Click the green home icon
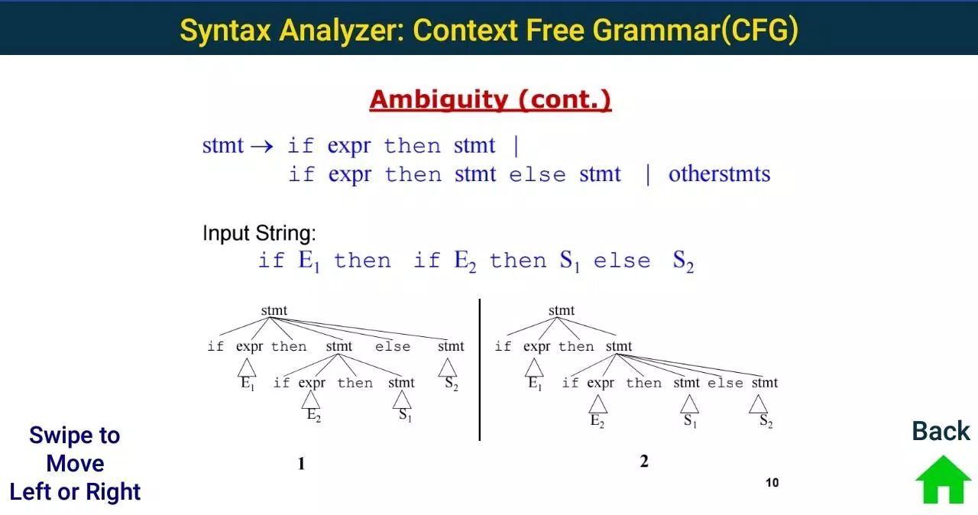pyautogui.click(x=943, y=480)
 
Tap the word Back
pyautogui.click(x=941, y=431)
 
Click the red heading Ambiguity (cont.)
pyautogui.click(x=491, y=99)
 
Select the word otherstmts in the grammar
pyautogui.click(x=720, y=173)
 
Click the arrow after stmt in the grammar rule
pyautogui.click(x=262, y=146)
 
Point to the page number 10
pyautogui.click(x=772, y=482)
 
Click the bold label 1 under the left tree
pyautogui.click(x=301, y=464)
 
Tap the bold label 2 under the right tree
pyautogui.click(x=644, y=462)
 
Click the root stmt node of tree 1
pyautogui.click(x=274, y=310)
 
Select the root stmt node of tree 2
pyautogui.click(x=562, y=310)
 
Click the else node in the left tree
pyautogui.click(x=393, y=347)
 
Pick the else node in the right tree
pyautogui.click(x=725, y=384)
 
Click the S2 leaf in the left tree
pyautogui.click(x=452, y=384)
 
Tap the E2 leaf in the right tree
pyautogui.click(x=597, y=421)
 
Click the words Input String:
pyautogui.click(x=259, y=233)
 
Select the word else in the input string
pyautogui.click(x=622, y=261)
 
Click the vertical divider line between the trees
pyautogui.click(x=479, y=370)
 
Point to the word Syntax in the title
pyautogui.click(x=225, y=30)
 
